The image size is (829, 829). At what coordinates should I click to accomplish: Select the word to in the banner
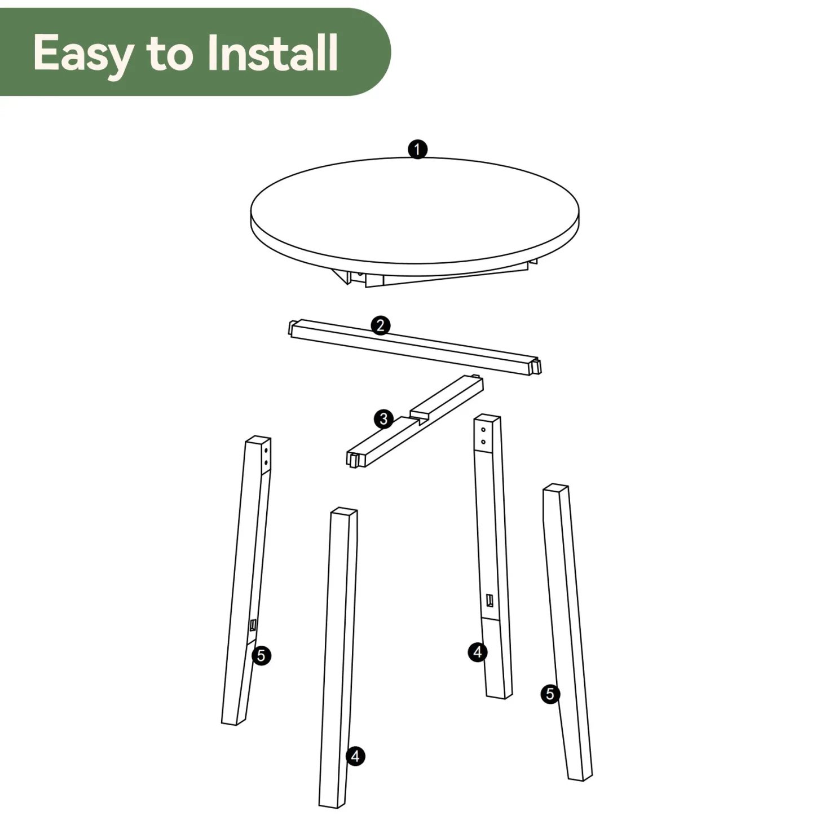point(170,55)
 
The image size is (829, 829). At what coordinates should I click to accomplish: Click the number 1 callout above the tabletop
point(417,149)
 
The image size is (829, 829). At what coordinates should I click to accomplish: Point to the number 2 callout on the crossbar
point(380,325)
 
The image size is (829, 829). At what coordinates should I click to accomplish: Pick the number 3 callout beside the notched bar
point(383,419)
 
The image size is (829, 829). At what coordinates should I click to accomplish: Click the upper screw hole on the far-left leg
point(266,451)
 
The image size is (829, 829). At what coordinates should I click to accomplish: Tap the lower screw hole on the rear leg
point(483,442)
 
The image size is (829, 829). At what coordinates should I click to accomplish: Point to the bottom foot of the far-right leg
point(580,777)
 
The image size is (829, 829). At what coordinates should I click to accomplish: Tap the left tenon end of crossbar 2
point(291,328)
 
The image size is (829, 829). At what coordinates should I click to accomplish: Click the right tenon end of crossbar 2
point(537,366)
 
